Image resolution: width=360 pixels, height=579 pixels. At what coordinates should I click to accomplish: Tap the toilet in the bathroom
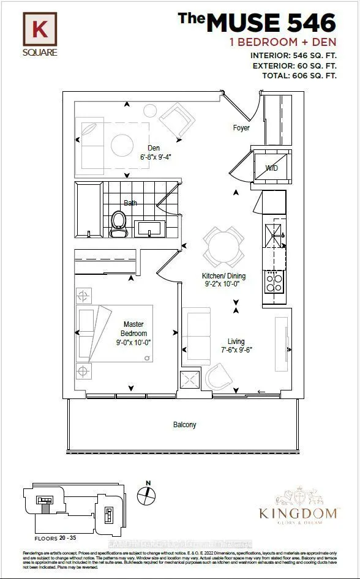tap(119, 223)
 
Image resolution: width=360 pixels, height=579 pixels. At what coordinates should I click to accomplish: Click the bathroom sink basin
tap(149, 228)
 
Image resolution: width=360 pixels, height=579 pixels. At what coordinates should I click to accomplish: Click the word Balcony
tap(184, 425)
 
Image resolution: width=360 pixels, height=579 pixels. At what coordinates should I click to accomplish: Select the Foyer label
tap(241, 128)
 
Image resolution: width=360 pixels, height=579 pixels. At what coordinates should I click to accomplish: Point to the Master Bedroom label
tap(133, 329)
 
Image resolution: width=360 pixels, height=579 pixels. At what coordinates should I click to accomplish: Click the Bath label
tap(130, 203)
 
